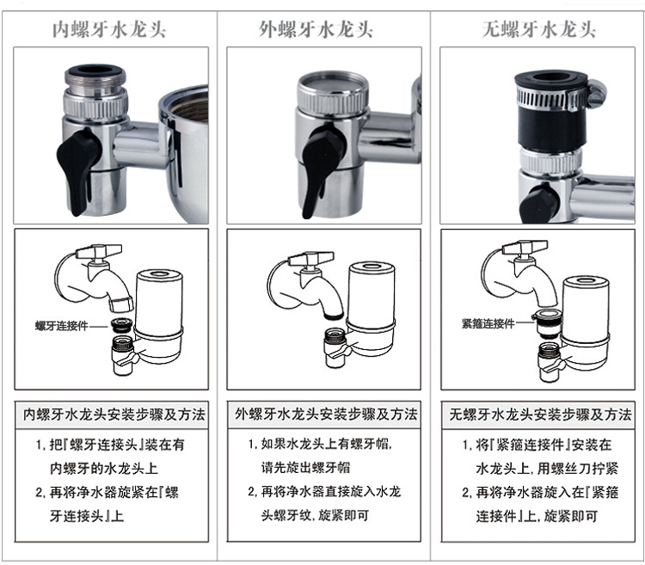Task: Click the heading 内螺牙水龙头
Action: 109,30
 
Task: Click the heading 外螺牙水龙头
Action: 316,30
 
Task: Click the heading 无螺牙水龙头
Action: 539,30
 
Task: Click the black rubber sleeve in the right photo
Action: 550,127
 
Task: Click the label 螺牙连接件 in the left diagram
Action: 61,326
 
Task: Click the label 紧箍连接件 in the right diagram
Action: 488,323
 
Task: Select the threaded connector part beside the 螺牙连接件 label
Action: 121,326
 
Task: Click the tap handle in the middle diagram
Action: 310,259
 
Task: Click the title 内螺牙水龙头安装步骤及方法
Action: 114,415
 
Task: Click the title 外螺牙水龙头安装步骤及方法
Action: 326,415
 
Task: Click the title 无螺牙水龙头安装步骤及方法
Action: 540,415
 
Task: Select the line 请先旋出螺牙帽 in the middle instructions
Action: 305,468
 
